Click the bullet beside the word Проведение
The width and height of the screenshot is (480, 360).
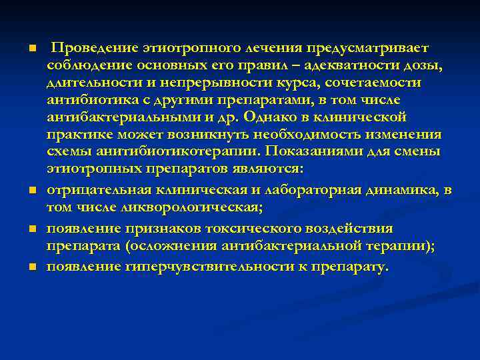31,49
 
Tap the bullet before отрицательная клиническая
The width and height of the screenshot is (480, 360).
31,192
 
